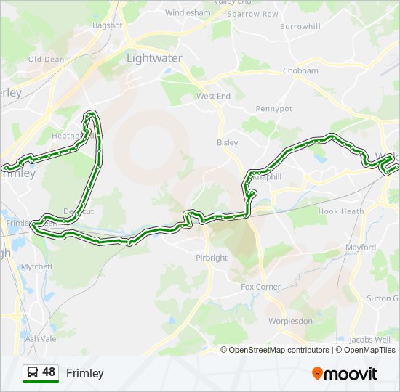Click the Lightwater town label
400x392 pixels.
(154, 57)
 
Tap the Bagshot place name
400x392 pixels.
(107, 25)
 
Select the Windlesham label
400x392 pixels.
(187, 13)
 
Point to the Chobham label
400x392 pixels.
(300, 70)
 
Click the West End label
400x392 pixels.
(213, 96)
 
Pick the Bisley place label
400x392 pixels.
(228, 142)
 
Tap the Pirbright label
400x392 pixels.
(212, 258)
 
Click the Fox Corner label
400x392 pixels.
(261, 287)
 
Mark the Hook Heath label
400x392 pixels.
(341, 211)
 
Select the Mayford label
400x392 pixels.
(361, 248)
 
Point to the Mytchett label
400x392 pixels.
(37, 266)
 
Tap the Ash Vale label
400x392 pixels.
(41, 338)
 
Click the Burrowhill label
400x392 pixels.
(300, 27)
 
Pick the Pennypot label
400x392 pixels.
(273, 109)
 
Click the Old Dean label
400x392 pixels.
(46, 60)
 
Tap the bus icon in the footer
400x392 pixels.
(32, 373)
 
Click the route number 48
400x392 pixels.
(49, 372)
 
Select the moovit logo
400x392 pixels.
(345, 374)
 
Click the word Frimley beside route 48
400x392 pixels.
(85, 373)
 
